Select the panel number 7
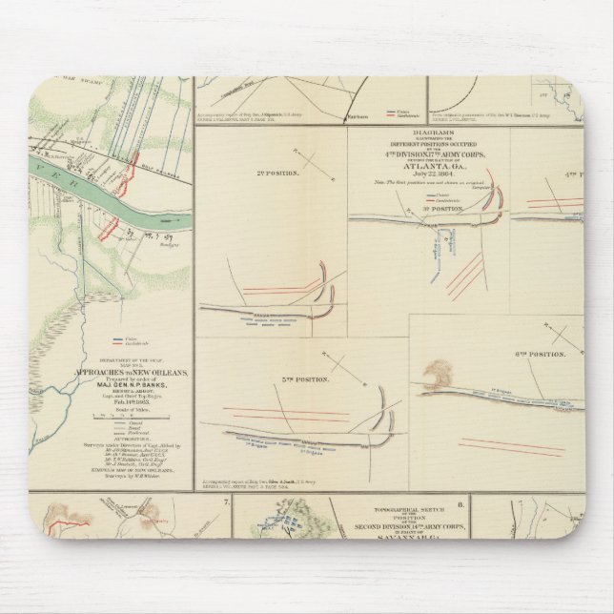point(225,501)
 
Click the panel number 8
point(461,501)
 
